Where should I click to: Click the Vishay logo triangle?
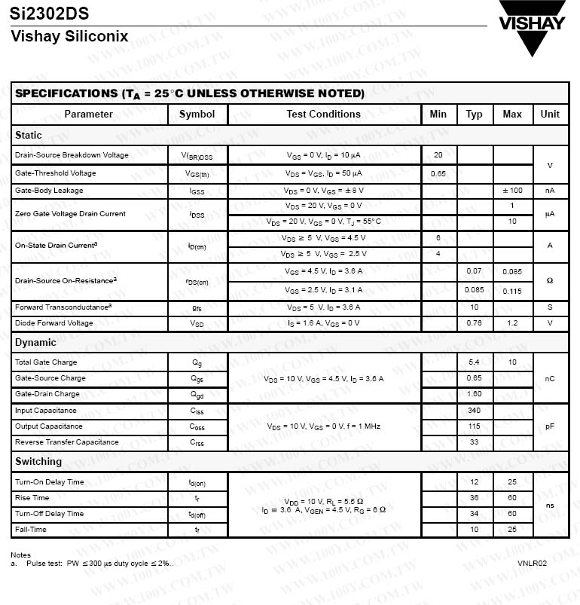[532, 38]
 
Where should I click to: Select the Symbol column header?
[197, 115]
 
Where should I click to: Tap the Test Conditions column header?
[323, 115]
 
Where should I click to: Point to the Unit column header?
[550, 115]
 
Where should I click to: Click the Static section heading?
[29, 136]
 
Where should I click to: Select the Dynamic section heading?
[35, 343]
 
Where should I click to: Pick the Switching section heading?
[38, 462]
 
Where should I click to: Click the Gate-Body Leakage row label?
[49, 191]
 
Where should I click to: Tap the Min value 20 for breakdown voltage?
[438, 155]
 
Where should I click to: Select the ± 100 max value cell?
[511, 191]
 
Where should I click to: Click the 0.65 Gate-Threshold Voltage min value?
[438, 173]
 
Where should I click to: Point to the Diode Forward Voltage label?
[54, 323]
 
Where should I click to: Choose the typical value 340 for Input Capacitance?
[474, 411]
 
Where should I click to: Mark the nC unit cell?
[550, 378]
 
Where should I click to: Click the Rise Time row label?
[32, 498]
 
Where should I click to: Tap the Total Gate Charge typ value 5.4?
[474, 362]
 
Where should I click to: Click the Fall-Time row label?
[31, 530]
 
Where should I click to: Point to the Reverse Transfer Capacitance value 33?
[474, 442]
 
